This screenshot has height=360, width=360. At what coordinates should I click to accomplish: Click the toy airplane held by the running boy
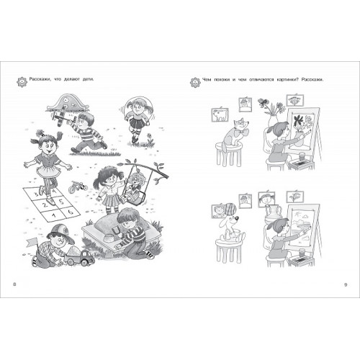[63, 115]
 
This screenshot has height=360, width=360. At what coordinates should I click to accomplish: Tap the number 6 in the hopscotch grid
[71, 212]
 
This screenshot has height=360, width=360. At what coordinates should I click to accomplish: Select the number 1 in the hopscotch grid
[54, 215]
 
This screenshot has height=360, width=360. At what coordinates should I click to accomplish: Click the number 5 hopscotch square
[61, 201]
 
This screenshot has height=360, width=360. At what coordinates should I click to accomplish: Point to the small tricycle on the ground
[77, 186]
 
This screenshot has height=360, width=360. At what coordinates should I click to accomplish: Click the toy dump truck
[78, 256]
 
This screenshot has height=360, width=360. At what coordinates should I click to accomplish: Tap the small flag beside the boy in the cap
[32, 241]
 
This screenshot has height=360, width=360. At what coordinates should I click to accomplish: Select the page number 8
[14, 284]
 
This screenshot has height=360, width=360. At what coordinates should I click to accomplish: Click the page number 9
[346, 284]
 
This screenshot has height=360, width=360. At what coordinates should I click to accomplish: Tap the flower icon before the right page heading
[195, 82]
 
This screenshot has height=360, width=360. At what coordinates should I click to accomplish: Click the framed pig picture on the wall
[220, 114]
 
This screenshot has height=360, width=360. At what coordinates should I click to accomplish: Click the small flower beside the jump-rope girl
[150, 138]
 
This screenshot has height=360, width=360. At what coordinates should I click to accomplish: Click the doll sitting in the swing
[132, 185]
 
